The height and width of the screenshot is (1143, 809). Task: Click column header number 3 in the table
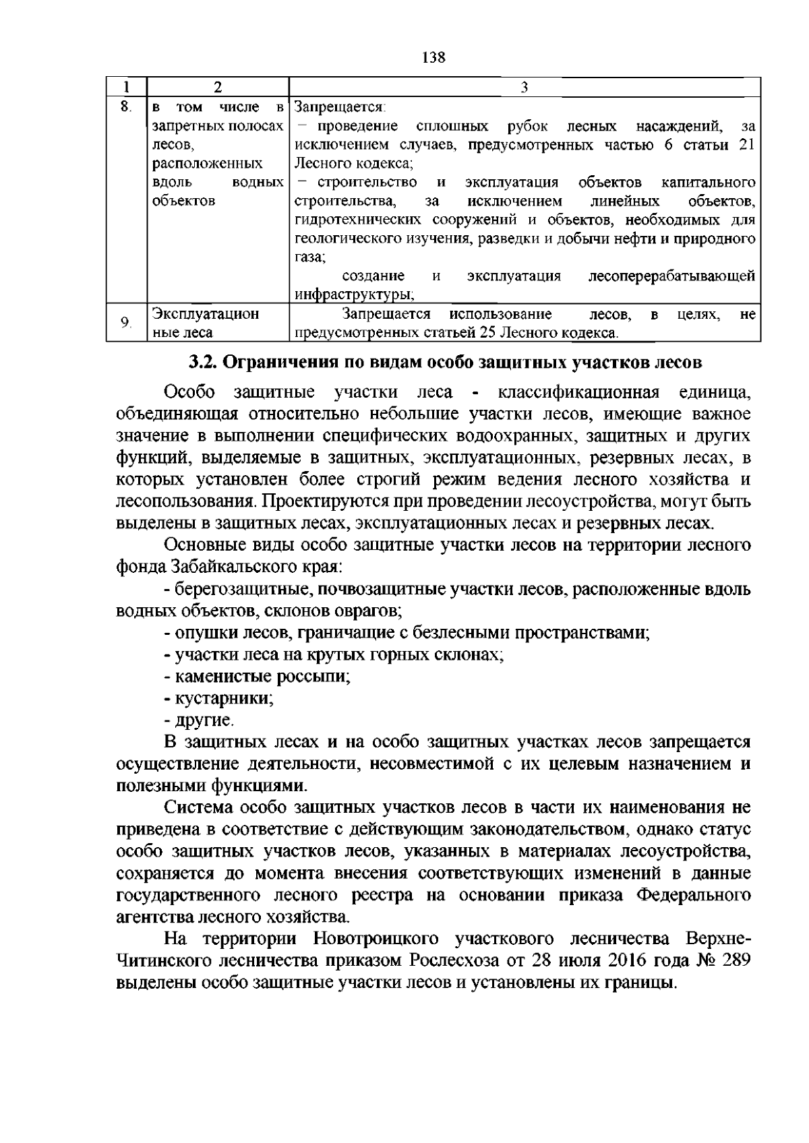[x=524, y=87]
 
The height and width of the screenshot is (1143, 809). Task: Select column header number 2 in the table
[x=217, y=87]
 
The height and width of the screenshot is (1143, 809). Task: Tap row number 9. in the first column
[x=126, y=323]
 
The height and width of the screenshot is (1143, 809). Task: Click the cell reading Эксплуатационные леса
[x=206, y=323]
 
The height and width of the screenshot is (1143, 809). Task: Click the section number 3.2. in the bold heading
[x=203, y=363]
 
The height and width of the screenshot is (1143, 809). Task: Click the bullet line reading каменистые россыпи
[x=260, y=676]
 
